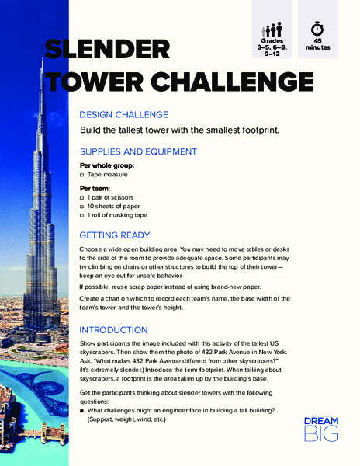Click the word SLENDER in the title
tap(106, 50)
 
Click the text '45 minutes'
tap(319, 43)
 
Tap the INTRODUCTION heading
tap(113, 330)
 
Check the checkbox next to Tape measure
tap(82, 176)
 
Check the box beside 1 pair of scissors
tap(82, 198)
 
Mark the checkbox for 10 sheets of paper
tap(82, 207)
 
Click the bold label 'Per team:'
tap(95, 188)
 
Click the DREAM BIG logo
tap(320, 428)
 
